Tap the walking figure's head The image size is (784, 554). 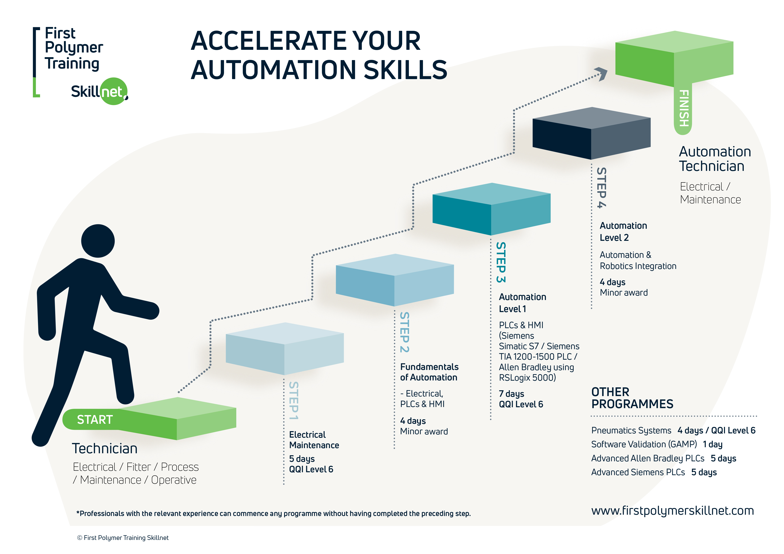98,241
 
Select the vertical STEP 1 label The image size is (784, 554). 294,401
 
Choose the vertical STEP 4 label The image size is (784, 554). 601,188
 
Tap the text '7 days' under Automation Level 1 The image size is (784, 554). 511,394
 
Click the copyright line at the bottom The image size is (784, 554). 123,538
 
